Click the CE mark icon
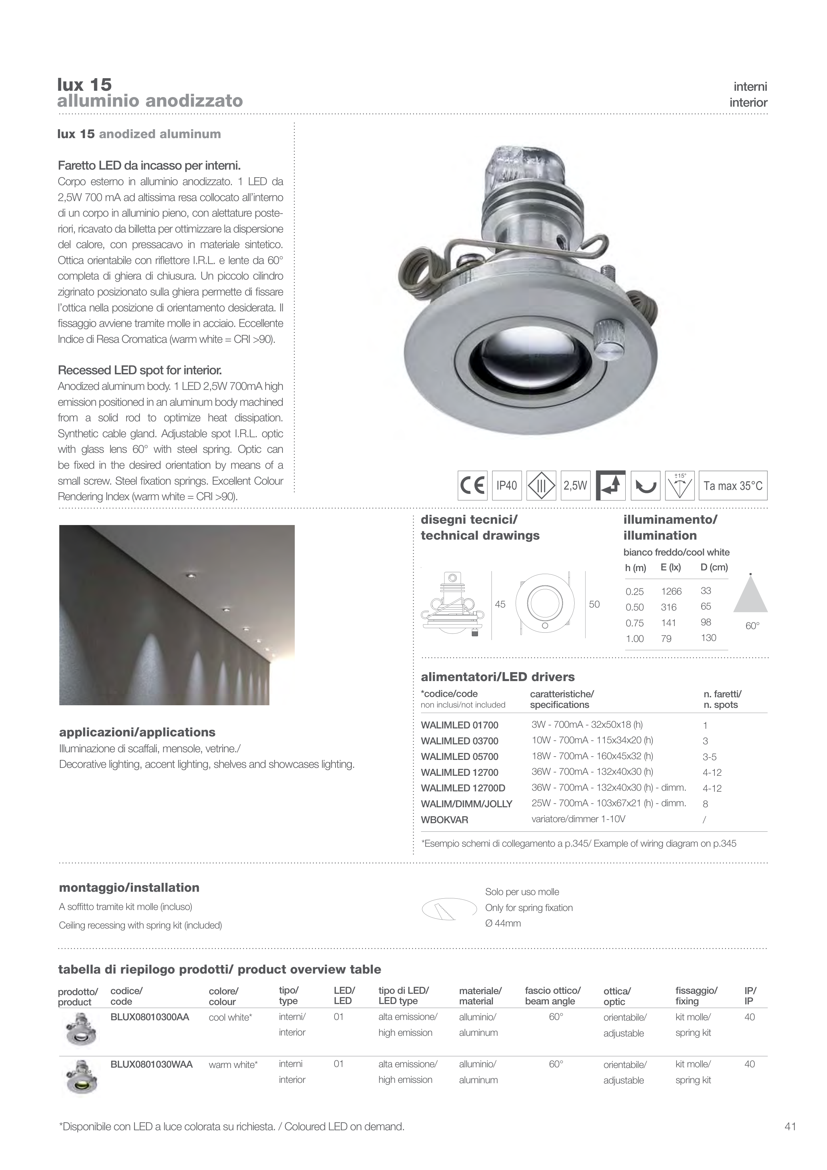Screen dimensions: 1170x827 [472, 486]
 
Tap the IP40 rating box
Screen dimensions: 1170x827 [506, 486]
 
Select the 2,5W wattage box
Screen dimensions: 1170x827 [575, 486]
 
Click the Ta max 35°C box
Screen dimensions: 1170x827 [732, 486]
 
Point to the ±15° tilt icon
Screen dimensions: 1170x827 [680, 486]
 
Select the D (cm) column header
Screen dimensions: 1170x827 [714, 567]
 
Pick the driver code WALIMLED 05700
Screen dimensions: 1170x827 [459, 757]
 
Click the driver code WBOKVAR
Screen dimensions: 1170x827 [444, 820]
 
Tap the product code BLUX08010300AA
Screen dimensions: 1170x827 [150, 1017]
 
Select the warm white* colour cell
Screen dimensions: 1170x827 [233, 1065]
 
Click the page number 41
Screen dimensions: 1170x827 [790, 1127]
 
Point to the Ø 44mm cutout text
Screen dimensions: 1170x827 [503, 923]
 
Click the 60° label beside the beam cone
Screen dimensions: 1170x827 [752, 626]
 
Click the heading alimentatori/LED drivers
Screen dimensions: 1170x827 [497, 677]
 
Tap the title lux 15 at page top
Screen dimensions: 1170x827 [84, 84]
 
